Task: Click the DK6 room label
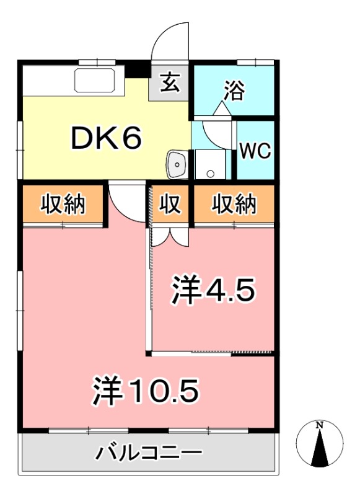tap(107, 139)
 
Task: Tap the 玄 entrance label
tap(170, 82)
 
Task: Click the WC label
tap(255, 151)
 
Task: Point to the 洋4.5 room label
tap(213, 289)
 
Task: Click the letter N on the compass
tap(320, 425)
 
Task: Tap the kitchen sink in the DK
tap(94, 80)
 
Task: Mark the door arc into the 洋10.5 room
tap(127, 201)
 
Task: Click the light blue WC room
tap(256, 149)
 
